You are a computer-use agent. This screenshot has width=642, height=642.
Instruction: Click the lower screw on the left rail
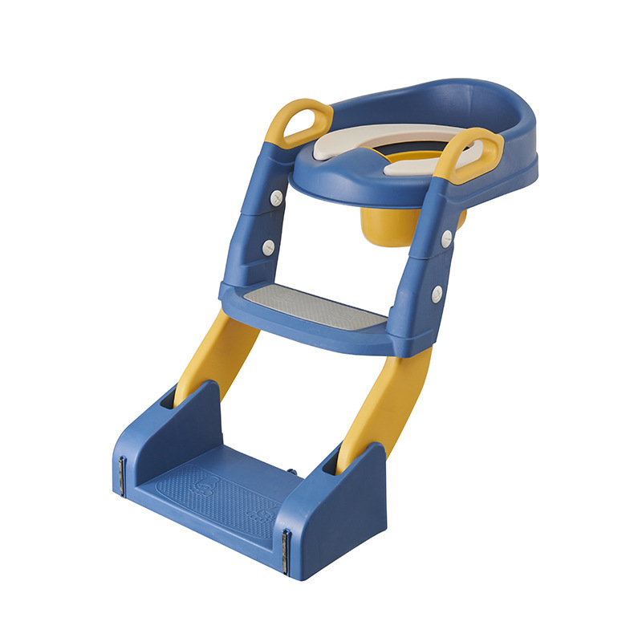click(x=268, y=246)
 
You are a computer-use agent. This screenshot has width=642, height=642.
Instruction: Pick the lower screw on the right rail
click(x=436, y=295)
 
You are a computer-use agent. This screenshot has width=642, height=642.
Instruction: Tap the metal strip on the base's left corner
click(x=123, y=474)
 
